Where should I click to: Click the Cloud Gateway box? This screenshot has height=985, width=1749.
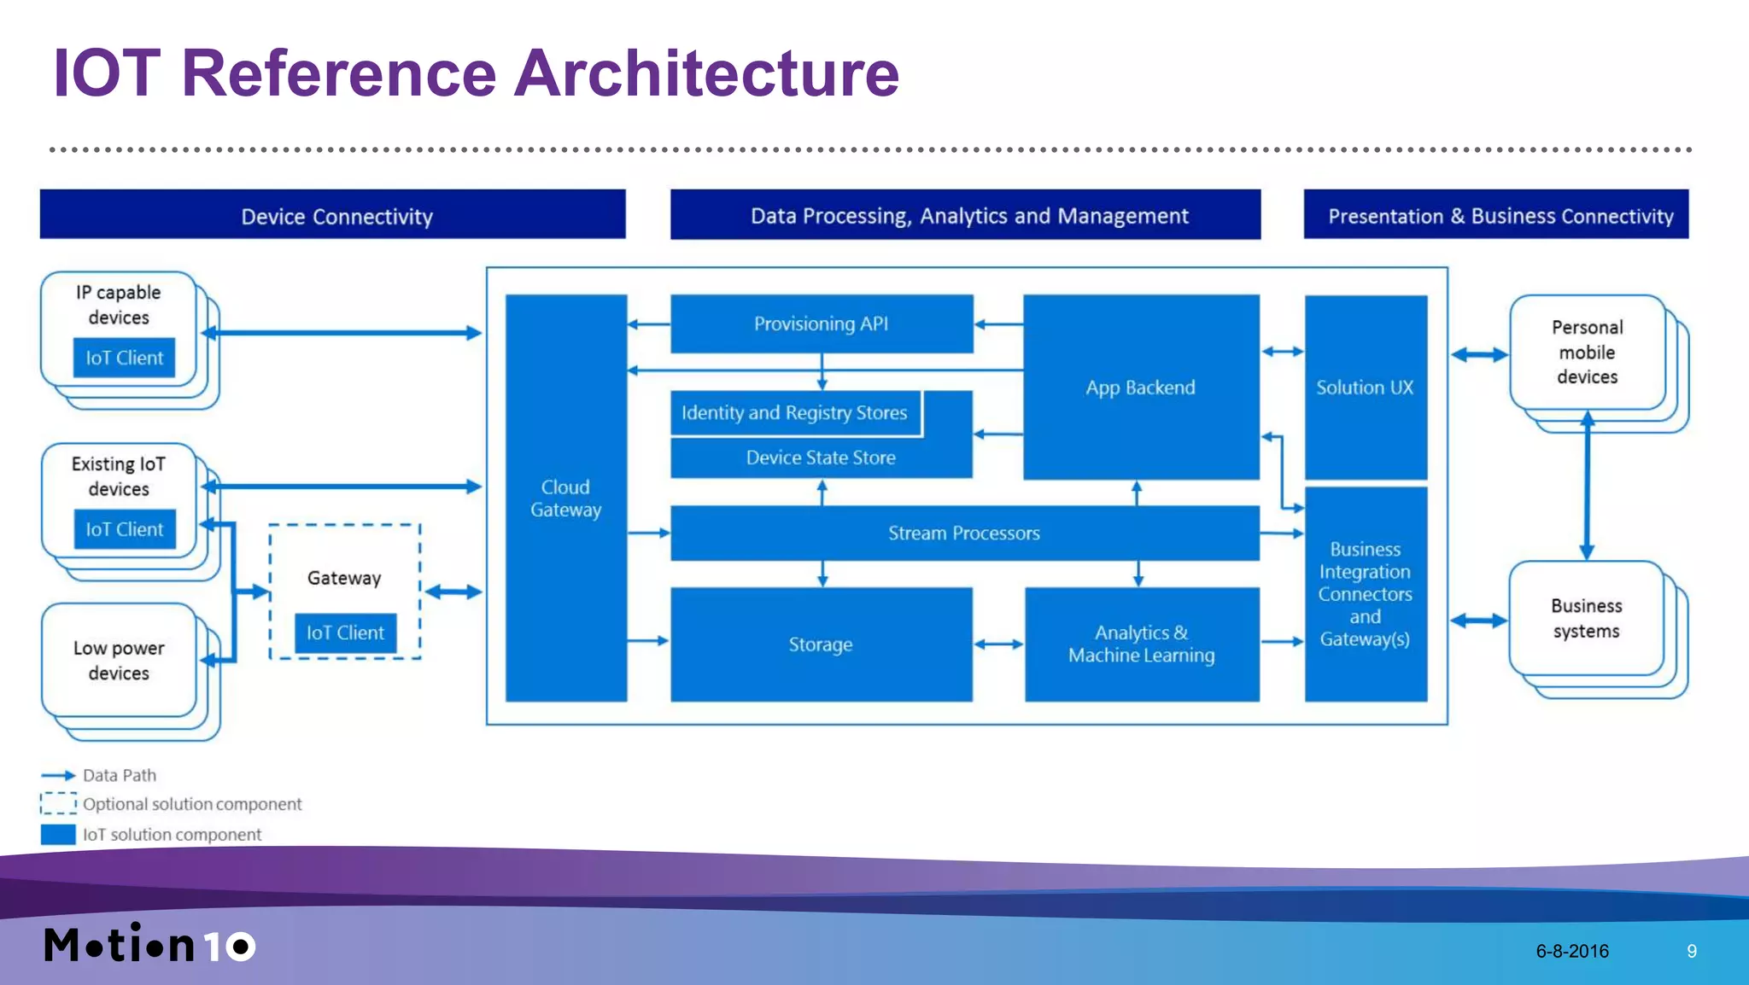coord(565,498)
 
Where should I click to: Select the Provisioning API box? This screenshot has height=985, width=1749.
coord(821,323)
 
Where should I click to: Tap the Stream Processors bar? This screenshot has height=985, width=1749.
coord(963,533)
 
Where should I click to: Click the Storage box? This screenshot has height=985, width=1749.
coord(821,644)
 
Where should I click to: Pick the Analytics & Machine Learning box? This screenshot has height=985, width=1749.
coord(1141,644)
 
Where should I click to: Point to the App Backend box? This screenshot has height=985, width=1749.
coord(1140,388)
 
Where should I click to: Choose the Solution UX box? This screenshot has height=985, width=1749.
coord(1365,388)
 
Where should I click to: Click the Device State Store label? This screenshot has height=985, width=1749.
coord(821,458)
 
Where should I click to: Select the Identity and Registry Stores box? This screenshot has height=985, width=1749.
coord(794,413)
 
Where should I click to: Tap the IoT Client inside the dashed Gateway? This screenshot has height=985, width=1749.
coord(345,632)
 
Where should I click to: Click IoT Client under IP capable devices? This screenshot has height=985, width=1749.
coord(124,358)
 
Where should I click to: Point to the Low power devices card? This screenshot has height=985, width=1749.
coord(119,661)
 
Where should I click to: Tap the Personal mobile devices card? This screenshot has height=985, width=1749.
coord(1587,352)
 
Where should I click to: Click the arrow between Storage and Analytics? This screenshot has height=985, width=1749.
coord(998,644)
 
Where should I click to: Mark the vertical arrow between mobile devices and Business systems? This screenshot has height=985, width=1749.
coord(1587,487)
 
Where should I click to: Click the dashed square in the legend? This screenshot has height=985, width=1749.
coord(58,804)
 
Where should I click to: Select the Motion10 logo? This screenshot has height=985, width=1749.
coord(149,945)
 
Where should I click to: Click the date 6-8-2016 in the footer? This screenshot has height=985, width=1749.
coord(1571,951)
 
